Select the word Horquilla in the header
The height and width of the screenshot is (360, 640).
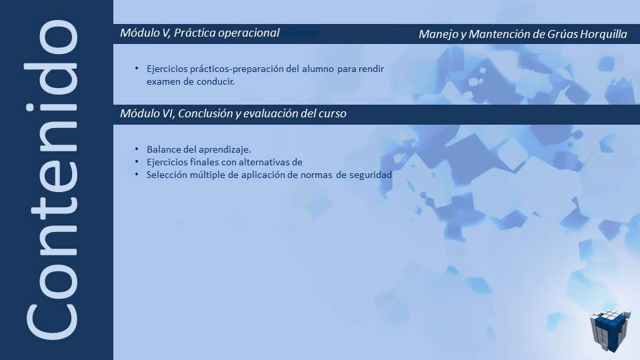(603, 35)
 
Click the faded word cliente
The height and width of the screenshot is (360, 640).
(299, 33)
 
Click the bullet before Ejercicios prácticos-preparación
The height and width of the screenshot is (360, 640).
(137, 69)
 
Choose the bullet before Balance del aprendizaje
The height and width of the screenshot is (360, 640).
(137, 149)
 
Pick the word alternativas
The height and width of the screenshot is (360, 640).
(263, 162)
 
